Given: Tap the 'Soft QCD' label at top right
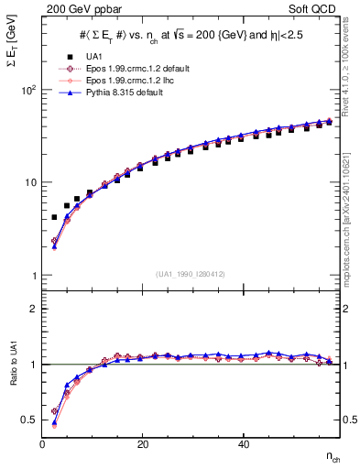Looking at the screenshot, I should tap(313, 8).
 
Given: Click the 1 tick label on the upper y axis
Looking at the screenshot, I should tap(33, 276).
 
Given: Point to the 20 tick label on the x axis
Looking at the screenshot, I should tap(142, 444).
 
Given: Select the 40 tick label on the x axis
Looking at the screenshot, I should tap(242, 444).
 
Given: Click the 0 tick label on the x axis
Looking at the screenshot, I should tap(43, 444).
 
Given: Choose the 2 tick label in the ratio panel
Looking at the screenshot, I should tap(33, 309).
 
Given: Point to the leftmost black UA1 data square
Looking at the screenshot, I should tap(54, 218).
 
